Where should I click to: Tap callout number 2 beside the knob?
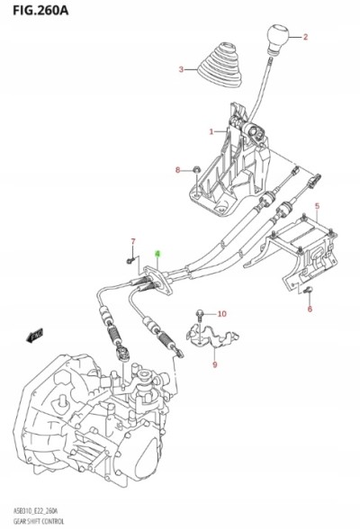point(304,37)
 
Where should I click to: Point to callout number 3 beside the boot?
point(181,69)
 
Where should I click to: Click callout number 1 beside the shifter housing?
point(211,132)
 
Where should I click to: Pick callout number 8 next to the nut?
point(177,169)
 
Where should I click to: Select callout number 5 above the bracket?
point(317,208)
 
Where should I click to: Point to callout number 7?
point(131,241)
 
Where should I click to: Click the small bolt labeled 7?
point(131,260)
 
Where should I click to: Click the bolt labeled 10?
point(200,315)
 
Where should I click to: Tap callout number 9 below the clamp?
point(214,364)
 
